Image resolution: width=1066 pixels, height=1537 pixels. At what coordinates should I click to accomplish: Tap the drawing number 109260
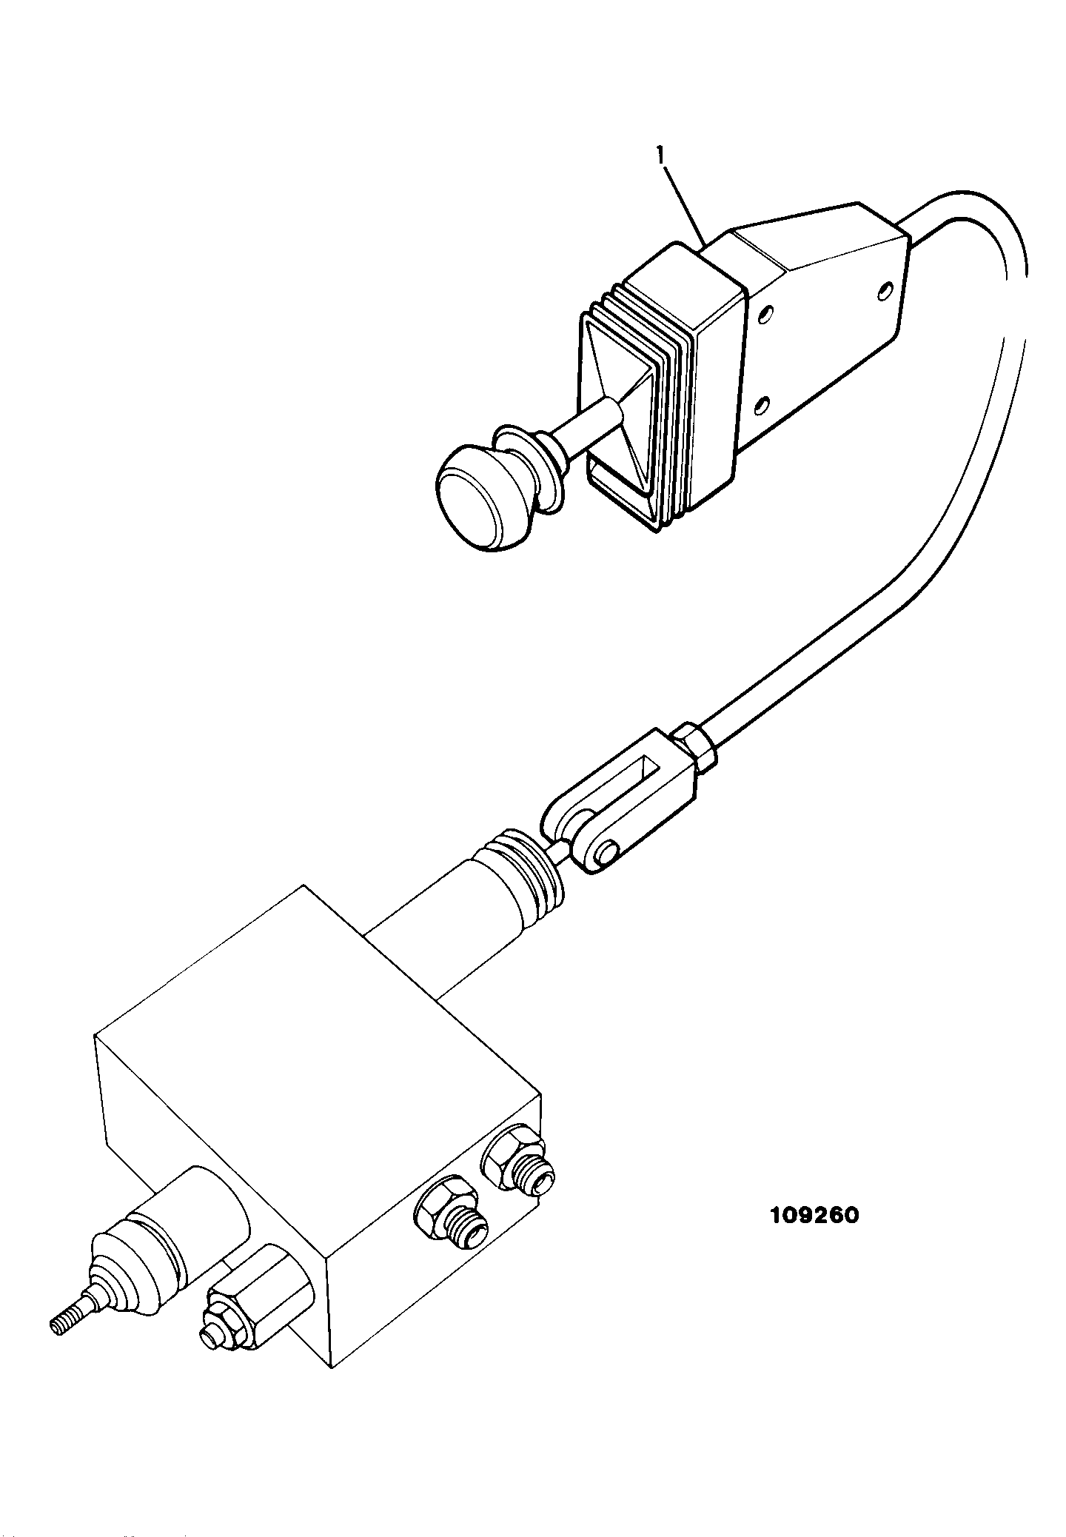(814, 1216)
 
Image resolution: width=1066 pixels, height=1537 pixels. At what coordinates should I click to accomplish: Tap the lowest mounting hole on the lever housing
(760, 405)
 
